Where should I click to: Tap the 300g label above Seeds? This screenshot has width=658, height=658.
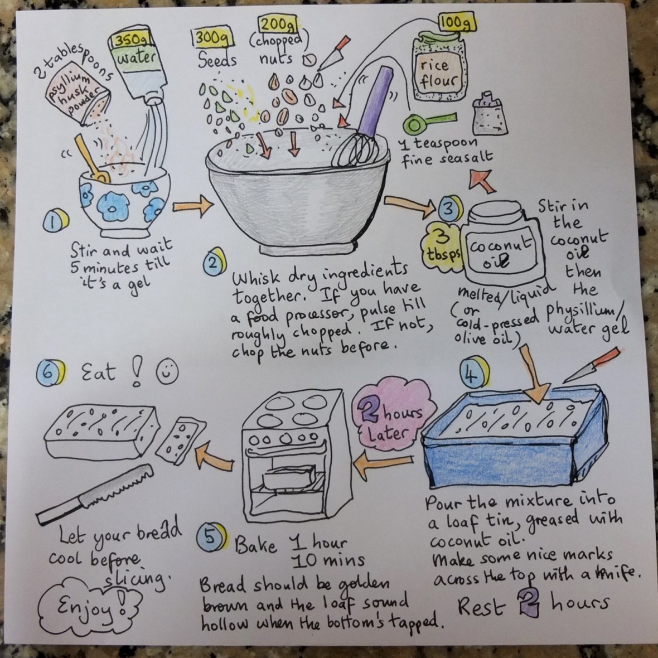pyautogui.click(x=212, y=38)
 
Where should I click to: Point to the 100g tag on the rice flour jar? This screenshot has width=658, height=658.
pyautogui.click(x=457, y=23)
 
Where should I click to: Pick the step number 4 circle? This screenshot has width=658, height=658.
pyautogui.click(x=475, y=372)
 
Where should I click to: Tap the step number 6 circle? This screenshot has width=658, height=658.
pyautogui.click(x=51, y=372)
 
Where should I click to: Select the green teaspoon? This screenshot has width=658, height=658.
pyautogui.click(x=428, y=122)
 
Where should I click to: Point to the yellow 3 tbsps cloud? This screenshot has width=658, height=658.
pyautogui.click(x=443, y=246)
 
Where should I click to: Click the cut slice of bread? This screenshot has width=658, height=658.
pyautogui.click(x=181, y=441)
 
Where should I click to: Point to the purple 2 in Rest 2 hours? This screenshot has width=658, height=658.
pyautogui.click(x=529, y=603)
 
